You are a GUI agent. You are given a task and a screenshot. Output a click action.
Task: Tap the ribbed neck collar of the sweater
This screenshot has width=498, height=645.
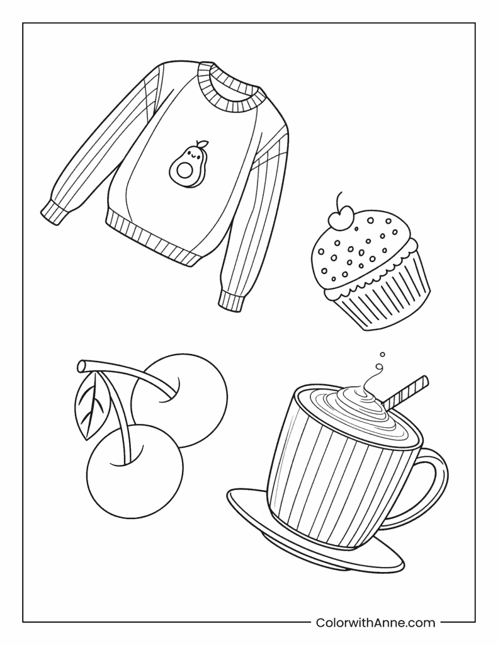pos(229,89)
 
